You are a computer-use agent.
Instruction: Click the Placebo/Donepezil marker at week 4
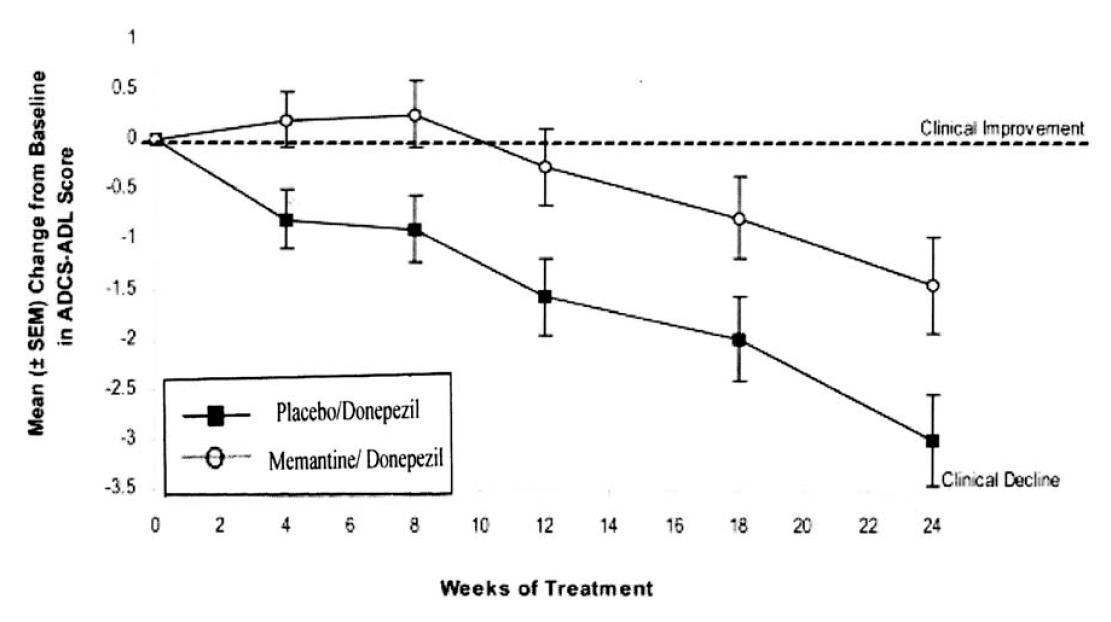click(286, 220)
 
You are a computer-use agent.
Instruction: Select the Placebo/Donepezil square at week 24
click(932, 441)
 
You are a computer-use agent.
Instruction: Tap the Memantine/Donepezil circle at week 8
click(415, 115)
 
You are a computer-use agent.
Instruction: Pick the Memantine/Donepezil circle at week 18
click(739, 219)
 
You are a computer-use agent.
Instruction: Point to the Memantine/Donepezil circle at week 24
click(932, 286)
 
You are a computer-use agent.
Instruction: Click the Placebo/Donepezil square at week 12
click(544, 297)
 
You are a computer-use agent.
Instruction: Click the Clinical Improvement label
click(1002, 129)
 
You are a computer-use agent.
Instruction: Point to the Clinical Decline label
click(1000, 480)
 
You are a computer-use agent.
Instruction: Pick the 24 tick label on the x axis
click(932, 523)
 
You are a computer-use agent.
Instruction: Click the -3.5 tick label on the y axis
click(126, 490)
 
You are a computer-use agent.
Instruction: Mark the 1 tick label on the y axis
click(135, 37)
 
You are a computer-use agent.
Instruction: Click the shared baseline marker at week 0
click(156, 140)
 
